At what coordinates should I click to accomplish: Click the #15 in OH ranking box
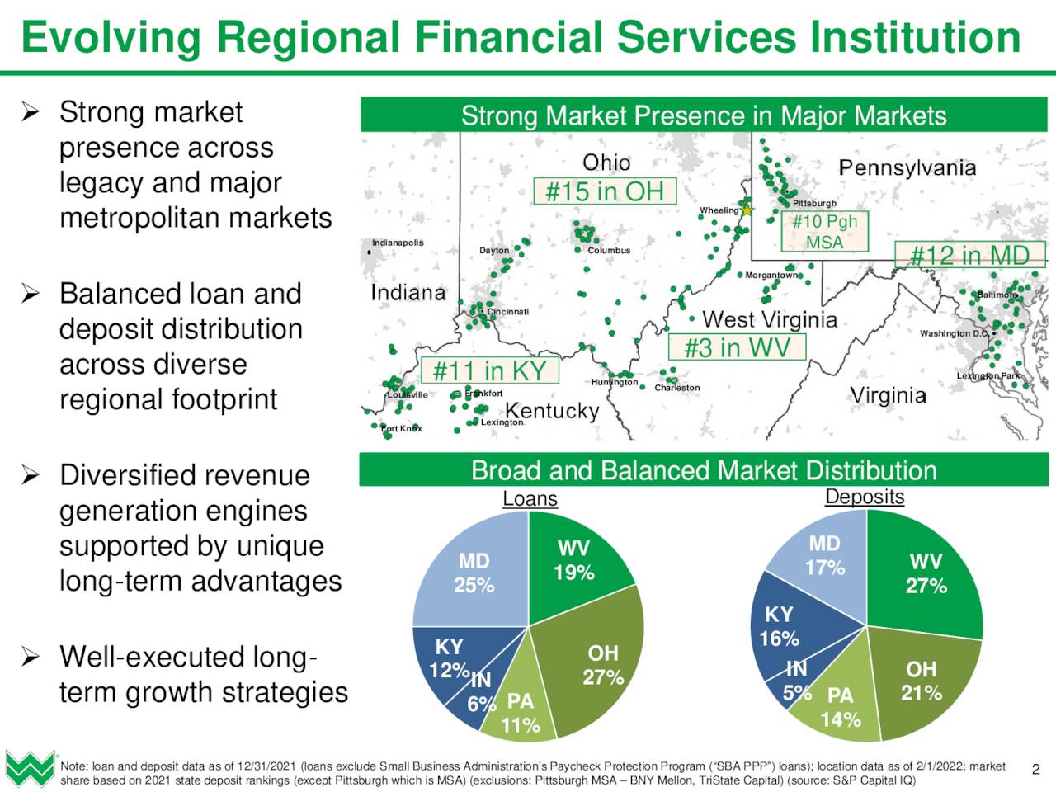point(606,191)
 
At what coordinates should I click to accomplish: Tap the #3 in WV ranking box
point(737,346)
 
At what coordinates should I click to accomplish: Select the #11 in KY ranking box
point(490,370)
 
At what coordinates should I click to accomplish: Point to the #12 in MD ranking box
point(970,254)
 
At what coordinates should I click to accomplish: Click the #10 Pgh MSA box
point(825,231)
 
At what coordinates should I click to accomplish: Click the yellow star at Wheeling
point(747,210)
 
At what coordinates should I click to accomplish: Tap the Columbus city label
point(609,251)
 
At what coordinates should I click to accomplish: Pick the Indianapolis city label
point(398,243)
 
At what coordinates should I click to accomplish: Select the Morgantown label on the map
point(771,275)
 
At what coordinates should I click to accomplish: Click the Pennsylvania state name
point(907,167)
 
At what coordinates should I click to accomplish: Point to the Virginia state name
point(888,396)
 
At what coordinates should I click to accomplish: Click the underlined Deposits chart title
point(865,497)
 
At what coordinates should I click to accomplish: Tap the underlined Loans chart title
point(530,498)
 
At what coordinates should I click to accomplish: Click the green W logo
point(31,769)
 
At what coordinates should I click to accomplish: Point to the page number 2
point(1036,770)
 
